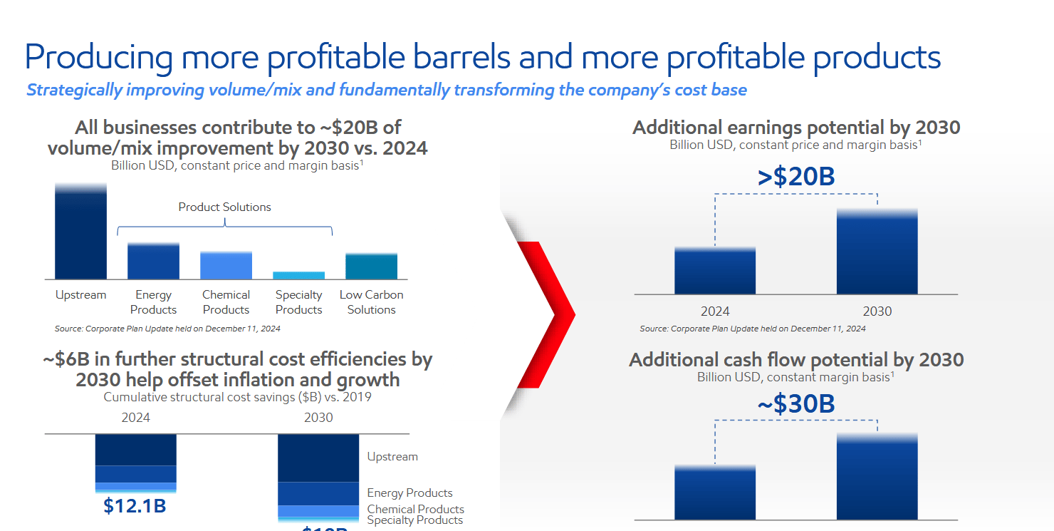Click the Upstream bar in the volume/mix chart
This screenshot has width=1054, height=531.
click(x=80, y=232)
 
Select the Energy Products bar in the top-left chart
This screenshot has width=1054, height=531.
click(x=153, y=261)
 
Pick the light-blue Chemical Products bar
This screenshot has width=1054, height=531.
click(x=226, y=265)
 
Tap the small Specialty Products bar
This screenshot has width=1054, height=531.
click(x=298, y=275)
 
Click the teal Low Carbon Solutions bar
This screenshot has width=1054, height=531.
click(x=371, y=266)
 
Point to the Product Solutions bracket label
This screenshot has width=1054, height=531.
click(x=224, y=207)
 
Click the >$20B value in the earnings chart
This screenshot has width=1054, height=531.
click(x=796, y=177)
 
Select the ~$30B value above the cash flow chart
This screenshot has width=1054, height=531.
click(x=796, y=404)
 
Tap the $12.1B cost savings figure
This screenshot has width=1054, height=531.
click(x=135, y=506)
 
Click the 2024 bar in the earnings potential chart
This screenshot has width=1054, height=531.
click(x=715, y=271)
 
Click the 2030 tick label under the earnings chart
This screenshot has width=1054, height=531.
click(x=877, y=311)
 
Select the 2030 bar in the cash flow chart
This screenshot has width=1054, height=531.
click(x=877, y=478)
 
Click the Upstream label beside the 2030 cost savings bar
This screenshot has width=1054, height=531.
click(x=392, y=457)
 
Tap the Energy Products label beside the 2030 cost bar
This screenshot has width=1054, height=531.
click(x=409, y=493)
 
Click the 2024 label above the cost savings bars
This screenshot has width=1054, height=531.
click(x=135, y=418)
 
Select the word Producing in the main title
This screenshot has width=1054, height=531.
click(x=99, y=57)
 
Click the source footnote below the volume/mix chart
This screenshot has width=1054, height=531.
click(x=167, y=329)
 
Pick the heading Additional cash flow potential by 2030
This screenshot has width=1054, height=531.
click(x=796, y=360)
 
